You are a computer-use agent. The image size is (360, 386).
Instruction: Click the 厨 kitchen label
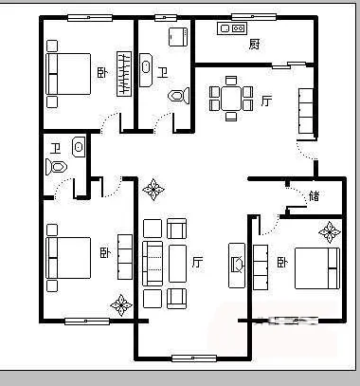[255, 44]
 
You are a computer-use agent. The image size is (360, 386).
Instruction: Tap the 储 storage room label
[314, 195]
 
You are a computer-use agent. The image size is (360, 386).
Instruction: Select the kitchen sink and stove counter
[232, 28]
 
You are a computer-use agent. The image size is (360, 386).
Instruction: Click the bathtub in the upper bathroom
[146, 70]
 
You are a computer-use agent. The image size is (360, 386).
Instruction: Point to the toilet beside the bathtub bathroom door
[179, 96]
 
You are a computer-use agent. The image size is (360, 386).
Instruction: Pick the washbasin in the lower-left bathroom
[79, 147]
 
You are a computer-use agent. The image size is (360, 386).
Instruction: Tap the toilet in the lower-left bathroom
[56, 167]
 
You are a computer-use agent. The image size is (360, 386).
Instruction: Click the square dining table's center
[231, 99]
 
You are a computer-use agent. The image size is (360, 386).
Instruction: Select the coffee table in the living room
[177, 264]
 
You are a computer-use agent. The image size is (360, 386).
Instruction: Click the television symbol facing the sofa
[237, 266]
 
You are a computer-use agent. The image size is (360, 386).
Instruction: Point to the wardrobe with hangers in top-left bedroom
[124, 74]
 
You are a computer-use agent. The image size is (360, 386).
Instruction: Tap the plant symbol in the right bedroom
[330, 232]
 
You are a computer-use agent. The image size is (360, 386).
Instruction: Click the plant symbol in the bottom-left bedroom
[121, 305]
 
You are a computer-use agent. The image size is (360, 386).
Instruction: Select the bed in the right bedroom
[317, 268]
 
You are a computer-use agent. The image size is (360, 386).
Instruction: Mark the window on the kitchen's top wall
[254, 17]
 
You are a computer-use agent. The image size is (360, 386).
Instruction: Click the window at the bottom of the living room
[194, 358]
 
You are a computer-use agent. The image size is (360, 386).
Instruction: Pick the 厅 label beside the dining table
[266, 101]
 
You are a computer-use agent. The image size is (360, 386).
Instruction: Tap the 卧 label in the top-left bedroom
[102, 73]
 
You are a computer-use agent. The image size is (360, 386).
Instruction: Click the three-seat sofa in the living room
[153, 264]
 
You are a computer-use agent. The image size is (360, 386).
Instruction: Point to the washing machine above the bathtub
[178, 37]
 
